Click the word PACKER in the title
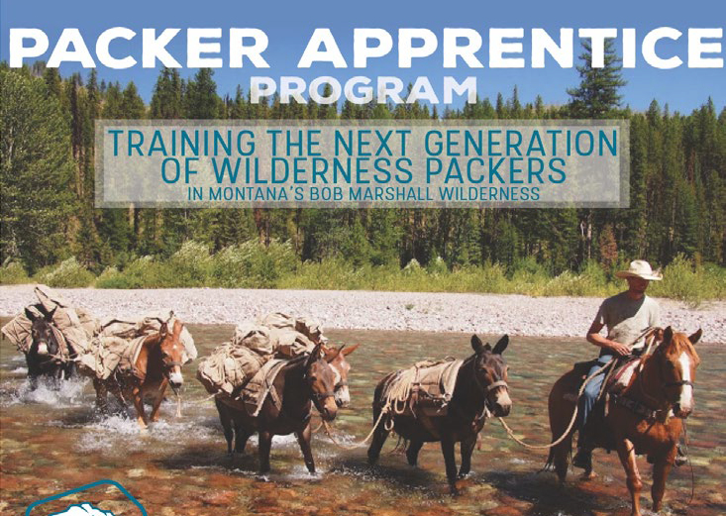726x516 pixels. pos(139,48)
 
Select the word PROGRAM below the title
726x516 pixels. pos(363,90)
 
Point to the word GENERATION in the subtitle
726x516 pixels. pos(521,143)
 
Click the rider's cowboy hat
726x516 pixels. pos(640,270)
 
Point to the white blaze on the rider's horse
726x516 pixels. pos(684,380)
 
